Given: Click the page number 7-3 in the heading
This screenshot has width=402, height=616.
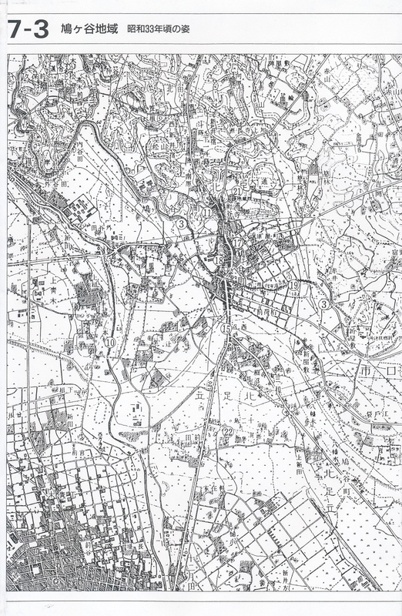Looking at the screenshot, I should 29,29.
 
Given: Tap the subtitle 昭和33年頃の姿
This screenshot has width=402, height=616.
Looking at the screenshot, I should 159,32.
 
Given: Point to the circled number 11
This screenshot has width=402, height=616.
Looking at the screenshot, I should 208,213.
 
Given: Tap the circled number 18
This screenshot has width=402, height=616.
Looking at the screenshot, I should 219,261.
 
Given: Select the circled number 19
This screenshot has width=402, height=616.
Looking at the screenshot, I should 294,286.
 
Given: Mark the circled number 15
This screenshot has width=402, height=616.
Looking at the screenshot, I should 226,329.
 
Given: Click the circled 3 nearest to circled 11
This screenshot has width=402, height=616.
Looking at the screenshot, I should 179,224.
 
